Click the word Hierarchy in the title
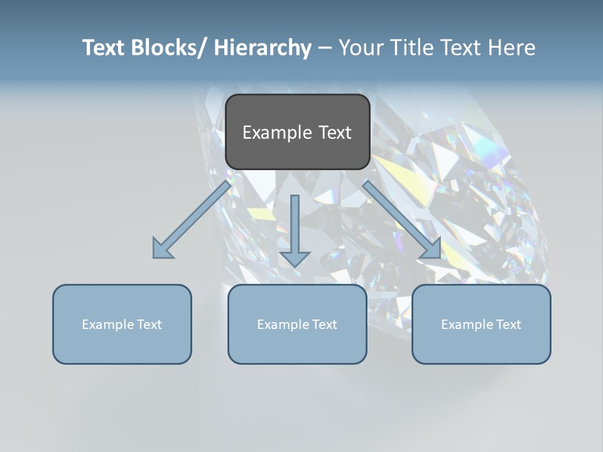pos(263,48)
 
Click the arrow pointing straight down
pos(295,230)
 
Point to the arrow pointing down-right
pos(402,220)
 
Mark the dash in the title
pos(325,48)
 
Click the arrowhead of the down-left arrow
pos(162,249)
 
